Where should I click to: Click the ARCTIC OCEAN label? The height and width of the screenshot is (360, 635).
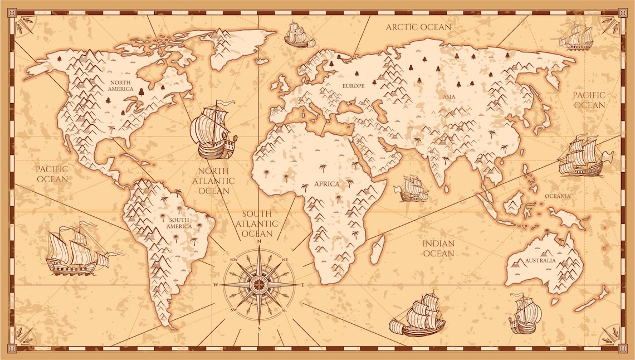point(418,27)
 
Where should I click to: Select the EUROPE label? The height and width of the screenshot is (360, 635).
point(353,86)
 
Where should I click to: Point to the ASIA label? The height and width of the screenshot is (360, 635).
point(449,96)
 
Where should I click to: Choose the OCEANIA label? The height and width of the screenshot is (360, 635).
point(558,196)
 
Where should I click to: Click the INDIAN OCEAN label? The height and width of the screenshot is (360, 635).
point(438,249)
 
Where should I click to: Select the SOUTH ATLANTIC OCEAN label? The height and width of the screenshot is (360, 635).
point(257,223)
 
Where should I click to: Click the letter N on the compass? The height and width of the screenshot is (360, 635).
point(259,242)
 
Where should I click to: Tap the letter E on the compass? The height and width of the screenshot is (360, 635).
point(303,285)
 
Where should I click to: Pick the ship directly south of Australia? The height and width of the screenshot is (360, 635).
point(525,314)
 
